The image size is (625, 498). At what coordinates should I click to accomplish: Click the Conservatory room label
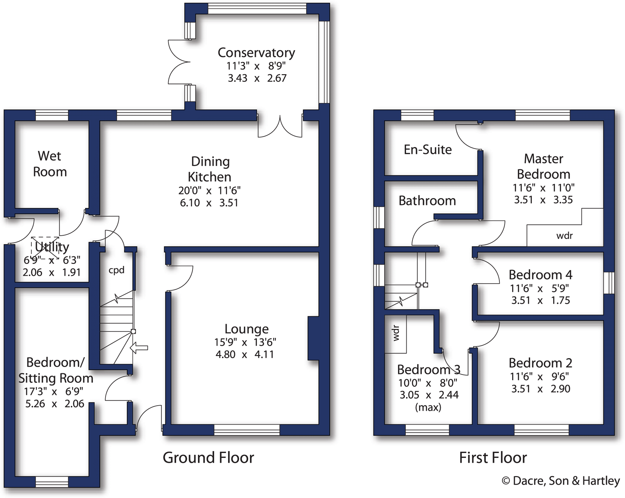point(256,53)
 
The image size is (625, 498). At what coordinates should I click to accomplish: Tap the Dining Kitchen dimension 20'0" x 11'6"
point(209,190)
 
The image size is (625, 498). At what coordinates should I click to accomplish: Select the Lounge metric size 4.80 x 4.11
point(245,354)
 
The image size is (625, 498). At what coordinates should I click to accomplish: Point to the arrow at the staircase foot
point(139,348)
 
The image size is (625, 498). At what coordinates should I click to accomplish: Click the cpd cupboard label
point(116,270)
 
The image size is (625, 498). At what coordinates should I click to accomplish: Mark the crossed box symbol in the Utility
point(45,248)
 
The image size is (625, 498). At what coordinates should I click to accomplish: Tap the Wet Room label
point(50,164)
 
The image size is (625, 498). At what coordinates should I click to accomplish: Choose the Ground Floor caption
point(208,458)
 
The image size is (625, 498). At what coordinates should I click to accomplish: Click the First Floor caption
point(493,458)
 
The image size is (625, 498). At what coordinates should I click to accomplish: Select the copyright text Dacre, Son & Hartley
point(561,481)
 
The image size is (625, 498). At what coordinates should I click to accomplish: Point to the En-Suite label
point(427,150)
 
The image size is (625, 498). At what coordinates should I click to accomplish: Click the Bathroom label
point(427,201)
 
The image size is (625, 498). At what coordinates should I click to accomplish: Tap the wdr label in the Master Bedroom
point(565,235)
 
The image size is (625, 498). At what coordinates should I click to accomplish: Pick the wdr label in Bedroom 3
point(396,333)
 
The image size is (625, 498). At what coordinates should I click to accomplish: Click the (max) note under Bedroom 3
point(428,407)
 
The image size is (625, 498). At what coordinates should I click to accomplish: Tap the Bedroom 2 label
point(540,363)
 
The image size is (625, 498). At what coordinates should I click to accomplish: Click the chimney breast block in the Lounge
point(314,338)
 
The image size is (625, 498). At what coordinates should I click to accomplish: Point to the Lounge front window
point(247,430)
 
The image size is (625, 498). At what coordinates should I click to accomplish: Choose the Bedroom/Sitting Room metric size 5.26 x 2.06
point(55,403)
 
